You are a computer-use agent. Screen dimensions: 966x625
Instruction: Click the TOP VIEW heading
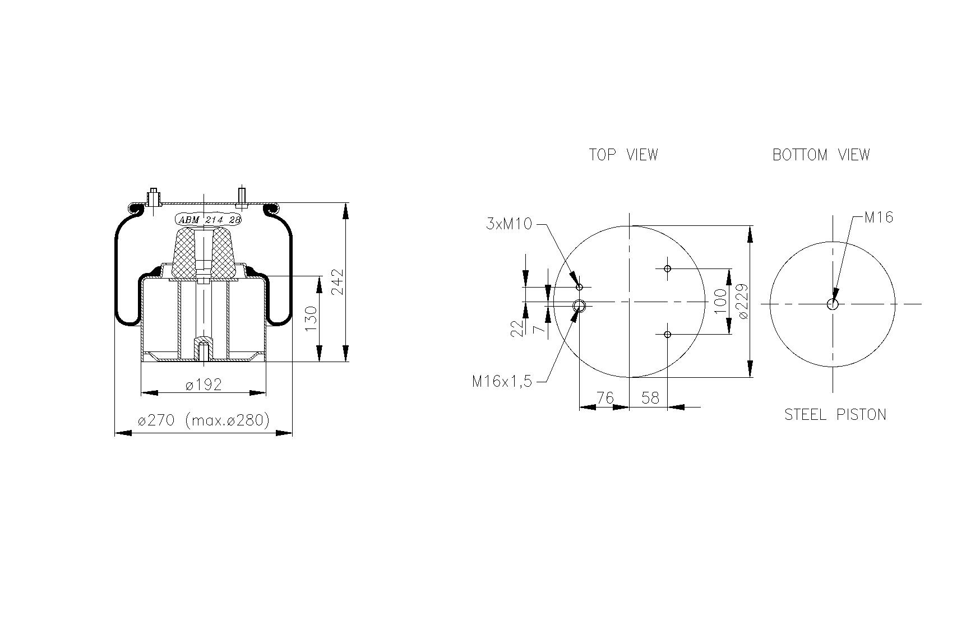(x=623, y=155)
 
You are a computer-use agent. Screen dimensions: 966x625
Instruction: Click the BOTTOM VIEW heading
(x=821, y=155)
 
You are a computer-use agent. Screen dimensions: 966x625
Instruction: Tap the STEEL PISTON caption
(x=835, y=415)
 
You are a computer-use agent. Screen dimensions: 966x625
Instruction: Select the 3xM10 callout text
(x=509, y=224)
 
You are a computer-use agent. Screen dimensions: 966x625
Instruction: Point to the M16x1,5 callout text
(x=501, y=382)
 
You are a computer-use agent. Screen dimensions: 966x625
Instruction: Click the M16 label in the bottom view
(x=879, y=217)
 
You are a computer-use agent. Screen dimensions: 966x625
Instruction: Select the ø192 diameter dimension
(x=204, y=385)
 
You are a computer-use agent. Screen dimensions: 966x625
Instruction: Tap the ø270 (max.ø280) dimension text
(x=204, y=420)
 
